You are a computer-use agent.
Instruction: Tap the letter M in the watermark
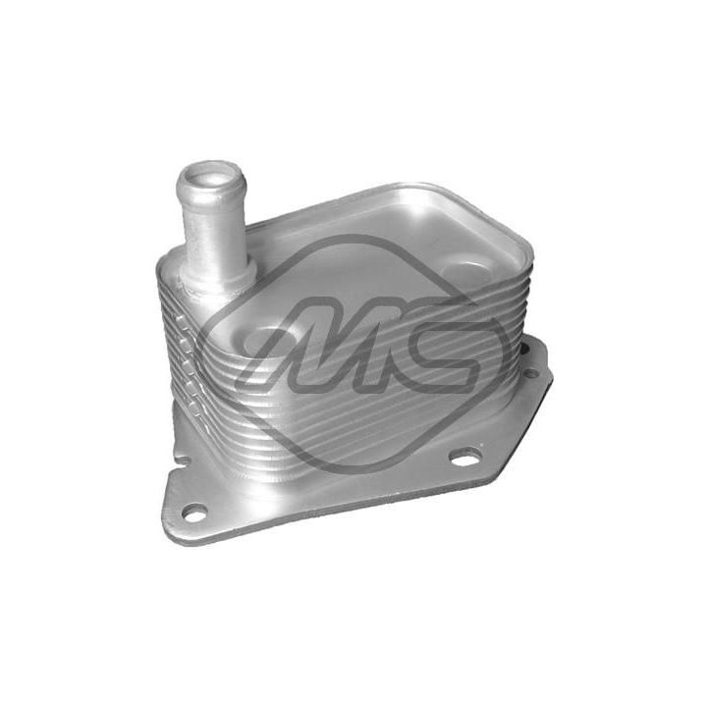pos(324,349)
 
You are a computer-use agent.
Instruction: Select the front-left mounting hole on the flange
pos(194,512)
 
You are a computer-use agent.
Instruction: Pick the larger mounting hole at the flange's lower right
pos(463,457)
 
